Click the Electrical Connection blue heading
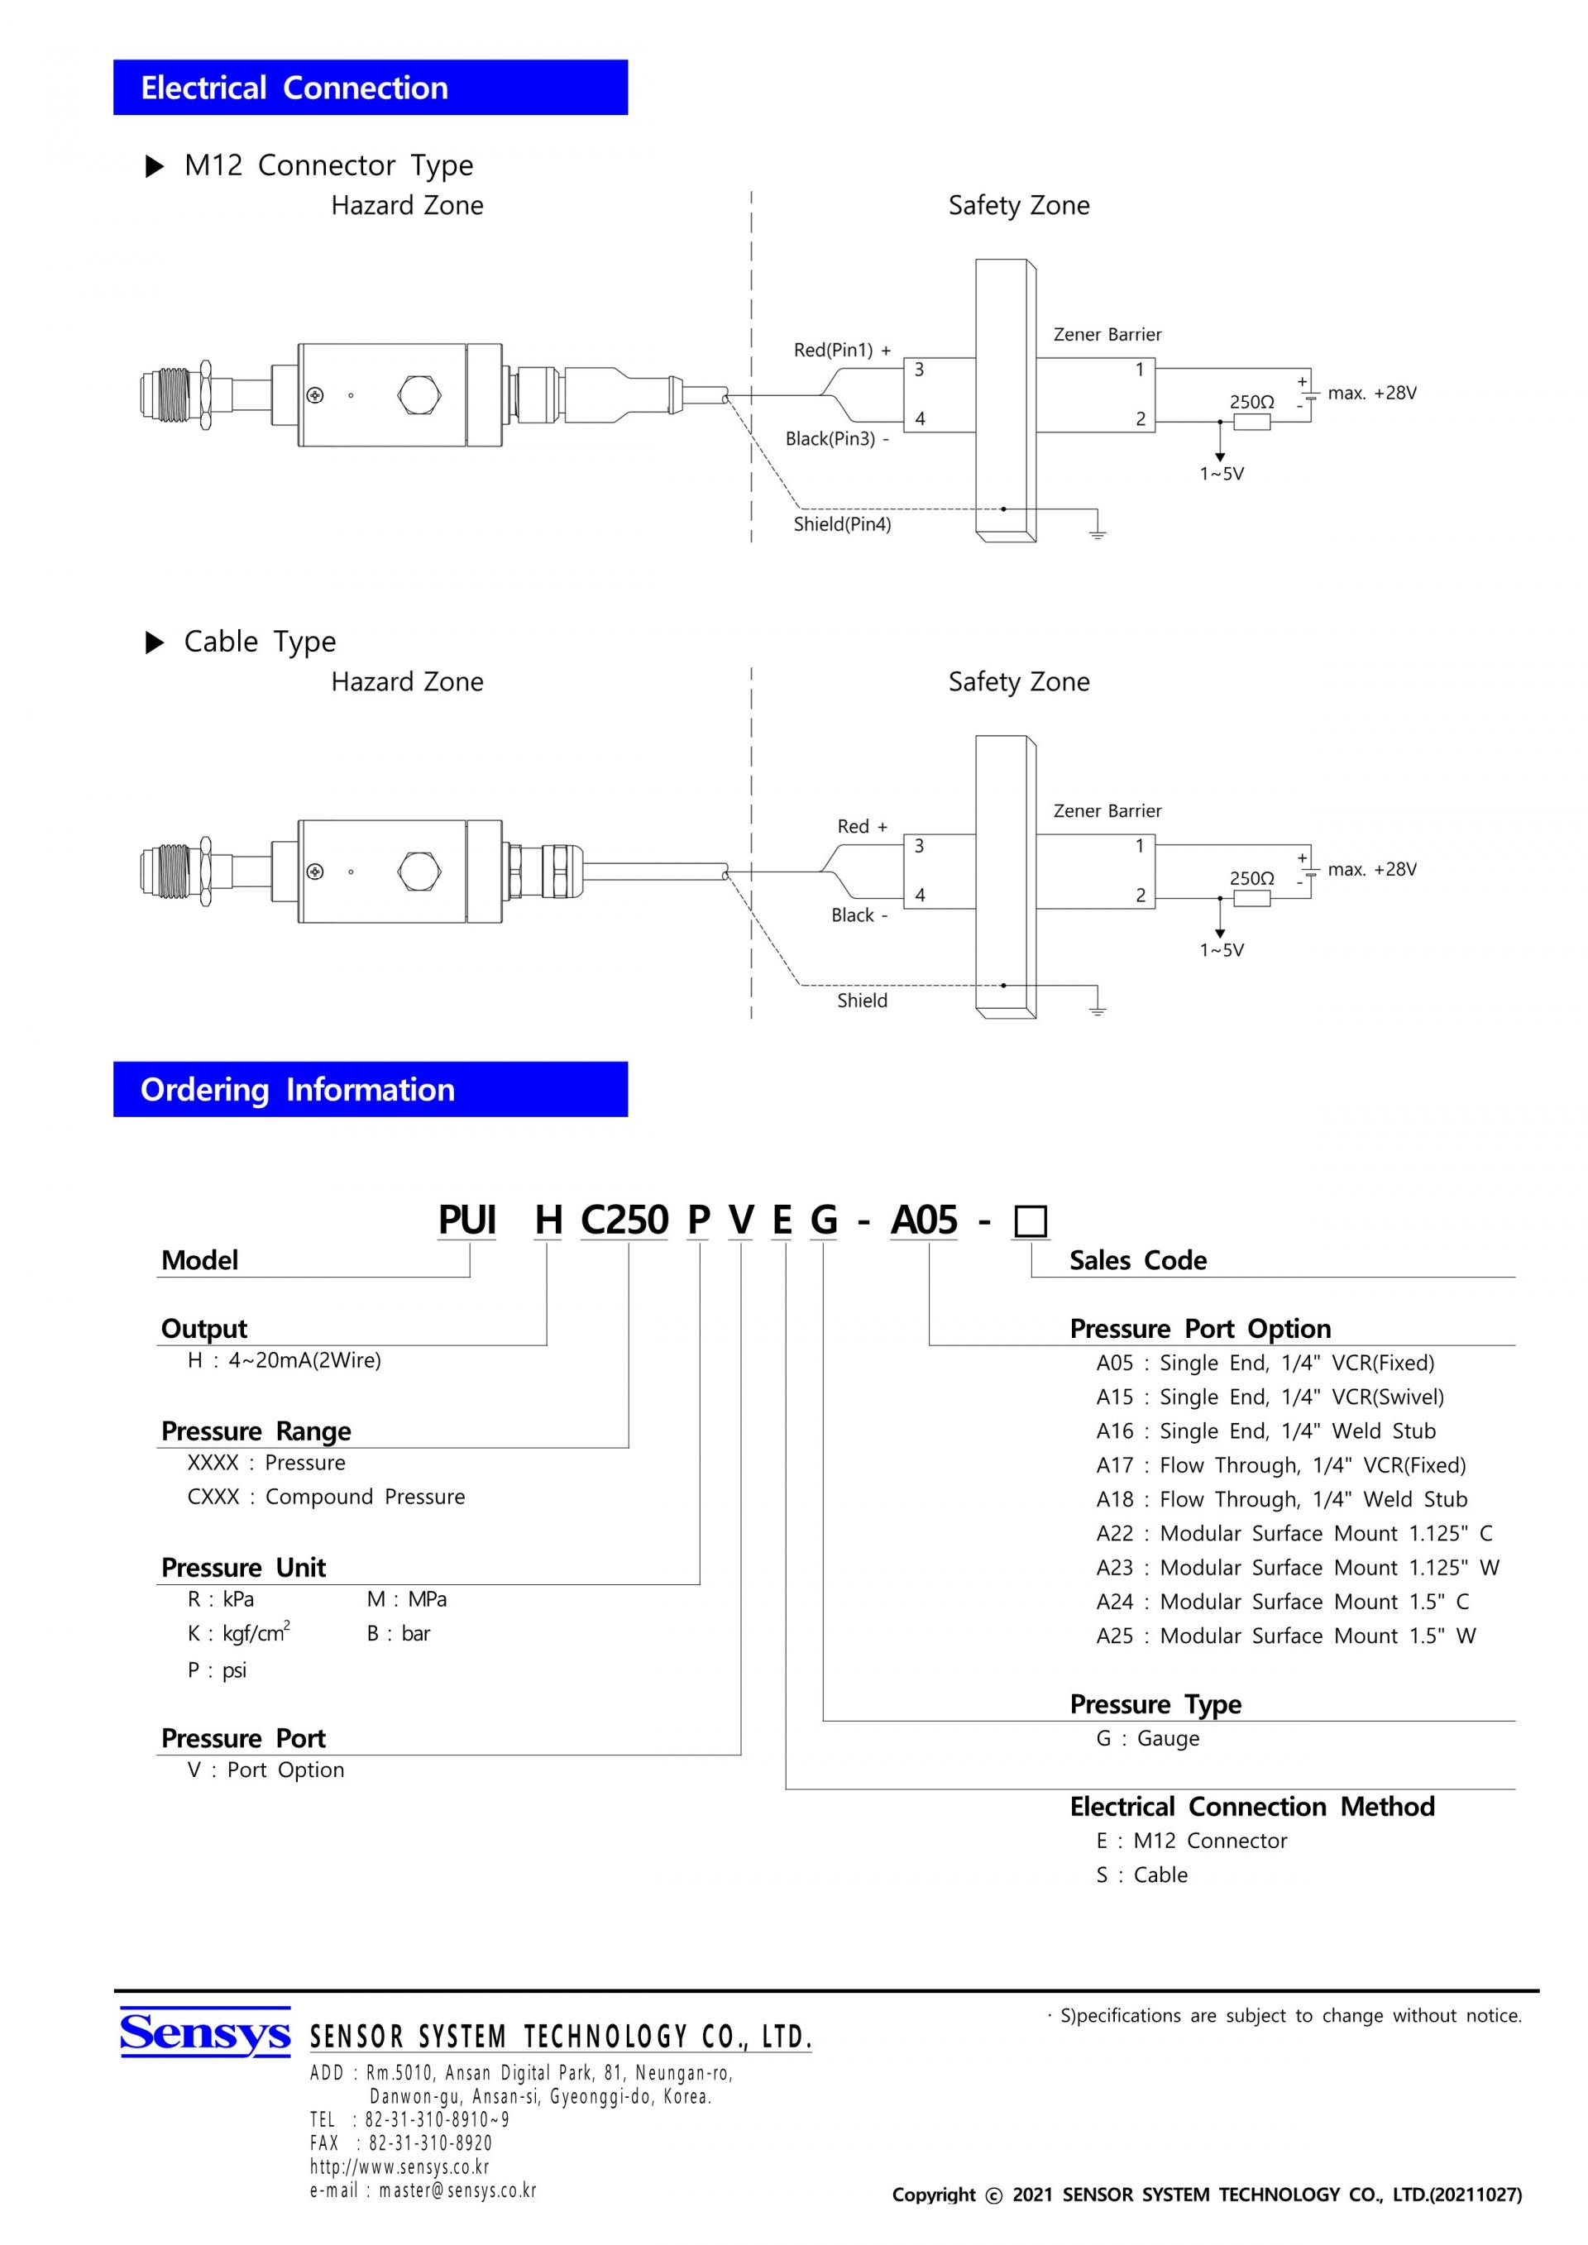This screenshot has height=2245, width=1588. point(370,88)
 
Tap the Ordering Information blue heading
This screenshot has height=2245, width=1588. point(370,1089)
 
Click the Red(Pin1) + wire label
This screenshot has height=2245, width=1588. point(842,350)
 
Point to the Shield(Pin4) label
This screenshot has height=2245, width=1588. point(842,524)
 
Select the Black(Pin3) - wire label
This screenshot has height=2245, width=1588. point(837,439)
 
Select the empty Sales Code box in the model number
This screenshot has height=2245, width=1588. point(1031,1222)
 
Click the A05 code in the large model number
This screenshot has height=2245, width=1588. point(924,1220)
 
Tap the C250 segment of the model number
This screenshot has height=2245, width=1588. point(624,1220)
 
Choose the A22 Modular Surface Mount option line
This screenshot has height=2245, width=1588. point(1294,1533)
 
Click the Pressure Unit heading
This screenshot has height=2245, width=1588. point(243,1568)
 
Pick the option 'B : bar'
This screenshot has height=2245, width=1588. point(398,1633)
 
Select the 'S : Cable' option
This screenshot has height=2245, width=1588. point(1142,1875)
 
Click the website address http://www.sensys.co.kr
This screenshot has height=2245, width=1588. point(400,2166)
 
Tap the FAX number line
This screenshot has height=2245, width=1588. point(401,2142)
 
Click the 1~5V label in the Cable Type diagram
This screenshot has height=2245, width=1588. point(1222,949)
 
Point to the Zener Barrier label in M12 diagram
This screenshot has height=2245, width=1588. point(1107,334)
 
